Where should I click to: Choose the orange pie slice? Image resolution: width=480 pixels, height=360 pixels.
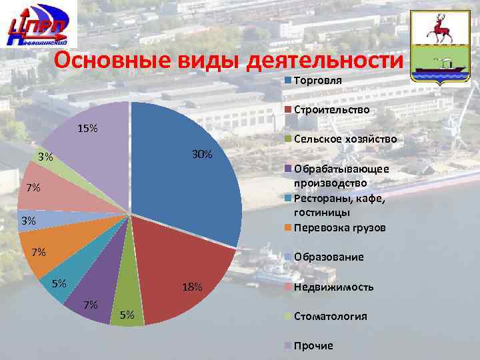(73, 243)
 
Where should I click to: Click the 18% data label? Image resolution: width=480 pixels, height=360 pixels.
(192, 287)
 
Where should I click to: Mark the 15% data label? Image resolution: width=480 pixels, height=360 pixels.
(87, 127)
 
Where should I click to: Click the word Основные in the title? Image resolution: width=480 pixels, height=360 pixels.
(113, 61)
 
